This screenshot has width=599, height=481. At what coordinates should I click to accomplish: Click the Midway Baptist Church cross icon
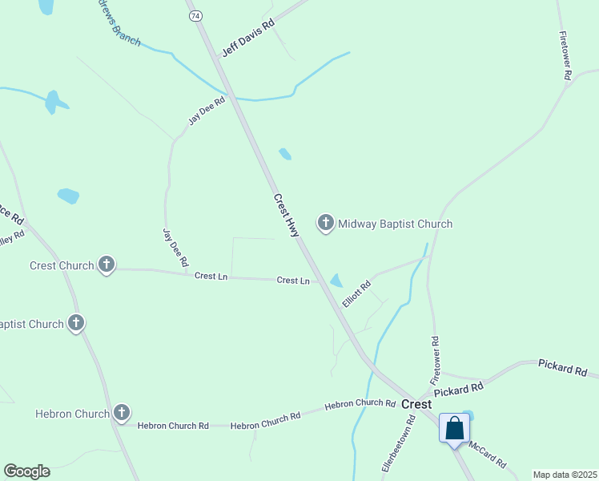click(x=325, y=223)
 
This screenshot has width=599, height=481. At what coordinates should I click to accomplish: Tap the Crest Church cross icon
click(x=106, y=265)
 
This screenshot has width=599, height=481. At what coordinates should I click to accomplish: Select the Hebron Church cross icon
click(x=121, y=413)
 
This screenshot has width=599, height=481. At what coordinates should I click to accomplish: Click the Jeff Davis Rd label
click(x=248, y=37)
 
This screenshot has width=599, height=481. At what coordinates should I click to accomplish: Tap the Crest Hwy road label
click(x=286, y=215)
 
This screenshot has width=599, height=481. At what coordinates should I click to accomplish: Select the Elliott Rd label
click(x=356, y=293)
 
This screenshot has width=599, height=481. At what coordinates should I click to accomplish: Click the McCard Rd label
click(x=488, y=455)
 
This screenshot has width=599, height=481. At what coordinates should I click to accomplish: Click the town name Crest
click(x=416, y=404)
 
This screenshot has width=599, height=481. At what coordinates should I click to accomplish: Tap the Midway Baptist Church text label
click(x=395, y=224)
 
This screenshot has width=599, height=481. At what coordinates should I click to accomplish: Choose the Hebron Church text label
click(x=72, y=414)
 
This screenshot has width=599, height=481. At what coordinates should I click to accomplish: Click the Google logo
click(x=26, y=471)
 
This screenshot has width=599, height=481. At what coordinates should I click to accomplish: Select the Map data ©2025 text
click(x=565, y=475)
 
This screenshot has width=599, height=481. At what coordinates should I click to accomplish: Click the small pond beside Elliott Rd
click(x=336, y=281)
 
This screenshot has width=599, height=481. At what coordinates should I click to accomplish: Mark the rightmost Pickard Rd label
click(x=563, y=369)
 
